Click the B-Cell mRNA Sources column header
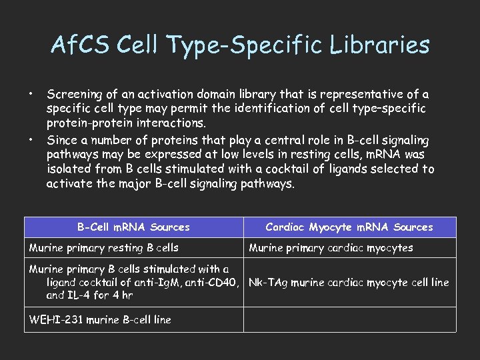click(133, 227)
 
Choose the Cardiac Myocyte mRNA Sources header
click(349, 227)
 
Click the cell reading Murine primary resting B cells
click(104, 248)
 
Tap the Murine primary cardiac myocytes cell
click(331, 248)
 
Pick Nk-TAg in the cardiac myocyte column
click(267, 282)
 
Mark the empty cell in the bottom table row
click(349, 319)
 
